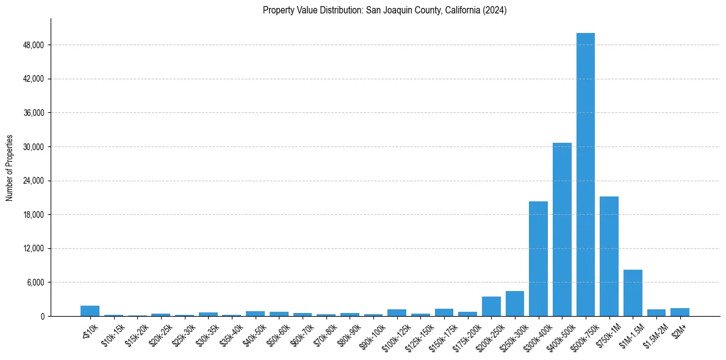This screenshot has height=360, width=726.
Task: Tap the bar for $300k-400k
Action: tap(538, 259)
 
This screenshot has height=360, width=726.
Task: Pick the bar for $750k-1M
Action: tap(609, 256)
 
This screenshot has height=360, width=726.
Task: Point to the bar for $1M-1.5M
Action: tap(633, 293)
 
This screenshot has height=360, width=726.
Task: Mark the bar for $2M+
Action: tap(680, 312)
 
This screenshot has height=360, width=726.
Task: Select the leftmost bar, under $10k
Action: tap(90, 311)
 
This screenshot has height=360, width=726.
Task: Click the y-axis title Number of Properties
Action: tap(9, 168)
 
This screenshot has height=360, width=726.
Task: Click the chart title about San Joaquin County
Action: tap(384, 10)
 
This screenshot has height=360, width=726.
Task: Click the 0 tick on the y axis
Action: tap(42, 317)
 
